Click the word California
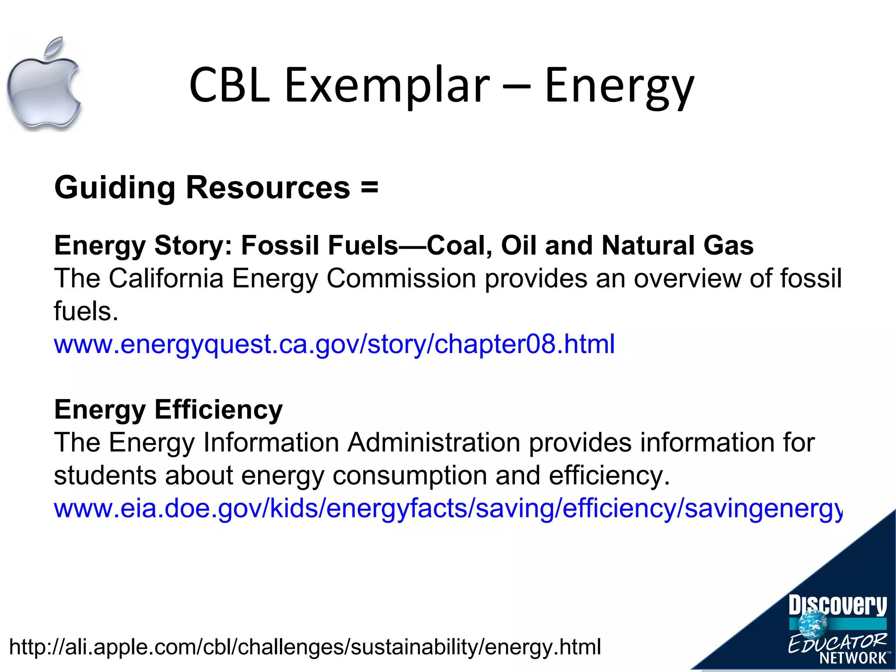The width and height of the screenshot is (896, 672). coord(166,278)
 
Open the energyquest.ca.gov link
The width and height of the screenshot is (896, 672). coord(334,344)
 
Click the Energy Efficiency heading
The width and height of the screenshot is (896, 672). coord(168,410)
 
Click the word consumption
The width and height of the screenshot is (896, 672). coord(409,476)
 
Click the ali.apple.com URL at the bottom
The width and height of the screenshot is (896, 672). coord(305,647)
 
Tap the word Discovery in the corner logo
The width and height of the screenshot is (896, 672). coord(837,606)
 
